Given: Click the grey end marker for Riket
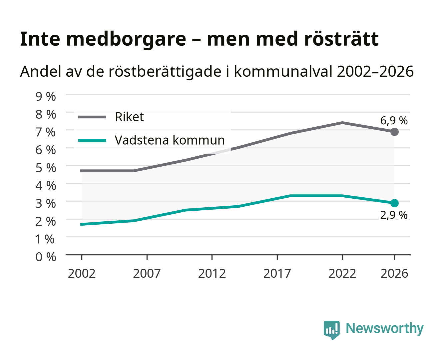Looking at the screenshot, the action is (394, 132).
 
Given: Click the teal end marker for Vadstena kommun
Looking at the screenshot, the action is (394, 203).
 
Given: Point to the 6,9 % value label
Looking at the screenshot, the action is (394, 121).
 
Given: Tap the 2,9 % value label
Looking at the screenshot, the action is (394, 215).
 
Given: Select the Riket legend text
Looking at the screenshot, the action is (129, 117).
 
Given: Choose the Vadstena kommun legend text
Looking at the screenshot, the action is (170, 140).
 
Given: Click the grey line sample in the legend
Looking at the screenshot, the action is (92, 117).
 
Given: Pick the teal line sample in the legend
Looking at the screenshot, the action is (92, 140).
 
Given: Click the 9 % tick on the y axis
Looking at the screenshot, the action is (46, 97).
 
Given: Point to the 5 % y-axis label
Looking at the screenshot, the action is (46, 168).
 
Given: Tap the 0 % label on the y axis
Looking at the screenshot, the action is (46, 257).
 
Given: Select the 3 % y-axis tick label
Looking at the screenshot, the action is (46, 203).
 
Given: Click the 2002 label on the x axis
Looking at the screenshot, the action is (82, 273).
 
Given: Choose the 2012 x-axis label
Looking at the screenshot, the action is (212, 273).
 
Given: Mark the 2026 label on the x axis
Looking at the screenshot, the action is (394, 273).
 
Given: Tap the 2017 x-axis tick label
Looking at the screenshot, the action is (277, 273).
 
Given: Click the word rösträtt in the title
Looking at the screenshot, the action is (341, 39).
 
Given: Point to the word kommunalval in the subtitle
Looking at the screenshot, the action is (283, 71).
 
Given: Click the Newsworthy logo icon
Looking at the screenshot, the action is (331, 330).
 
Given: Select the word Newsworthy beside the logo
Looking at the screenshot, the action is (385, 329).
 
